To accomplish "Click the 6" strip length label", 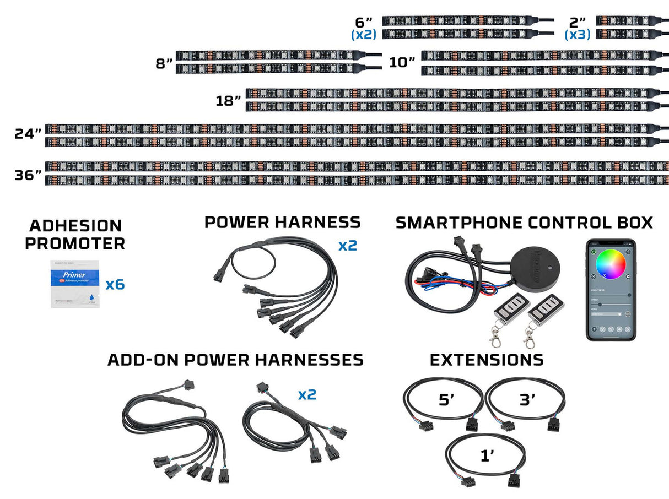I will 364,23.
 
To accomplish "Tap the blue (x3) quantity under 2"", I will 577,35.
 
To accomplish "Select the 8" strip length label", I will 164,63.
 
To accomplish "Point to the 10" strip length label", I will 402,62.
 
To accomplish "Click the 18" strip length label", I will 229,101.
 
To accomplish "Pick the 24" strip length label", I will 29,134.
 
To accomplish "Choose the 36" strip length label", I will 29,175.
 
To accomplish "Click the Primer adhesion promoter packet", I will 75,284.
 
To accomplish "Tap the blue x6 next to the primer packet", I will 115,284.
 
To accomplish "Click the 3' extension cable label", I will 527,399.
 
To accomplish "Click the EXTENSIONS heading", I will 487,360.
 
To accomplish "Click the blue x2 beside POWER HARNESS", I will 348,245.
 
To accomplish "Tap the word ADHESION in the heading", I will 75,226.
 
